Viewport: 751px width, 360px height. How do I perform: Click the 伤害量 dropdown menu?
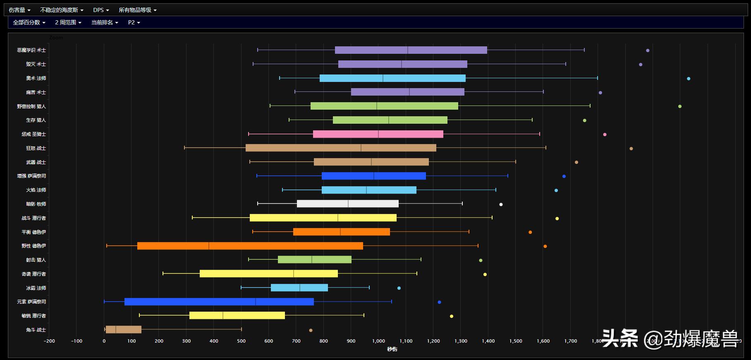19,10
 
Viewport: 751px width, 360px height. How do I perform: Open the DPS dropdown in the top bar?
101,10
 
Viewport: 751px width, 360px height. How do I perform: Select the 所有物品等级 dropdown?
137,10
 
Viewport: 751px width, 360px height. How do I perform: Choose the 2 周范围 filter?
68,22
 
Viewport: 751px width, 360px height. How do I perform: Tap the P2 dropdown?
134,22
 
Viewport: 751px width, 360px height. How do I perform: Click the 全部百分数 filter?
29,22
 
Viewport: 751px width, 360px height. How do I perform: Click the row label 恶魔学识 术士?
31,50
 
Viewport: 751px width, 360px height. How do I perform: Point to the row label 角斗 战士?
36,330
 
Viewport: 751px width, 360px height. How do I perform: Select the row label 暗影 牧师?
36,204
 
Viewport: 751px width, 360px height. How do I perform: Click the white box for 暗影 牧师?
347,204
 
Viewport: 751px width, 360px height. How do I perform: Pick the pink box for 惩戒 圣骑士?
378,134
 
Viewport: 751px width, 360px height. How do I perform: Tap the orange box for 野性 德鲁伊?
250,246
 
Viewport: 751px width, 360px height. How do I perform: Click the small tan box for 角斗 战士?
123,330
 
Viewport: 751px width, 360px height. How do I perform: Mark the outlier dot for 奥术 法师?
689,79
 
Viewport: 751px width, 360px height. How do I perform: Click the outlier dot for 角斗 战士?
311,330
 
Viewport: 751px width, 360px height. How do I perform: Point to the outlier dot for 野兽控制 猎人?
680,106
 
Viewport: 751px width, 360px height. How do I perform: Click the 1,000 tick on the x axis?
378,341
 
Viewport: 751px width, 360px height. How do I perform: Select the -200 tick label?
49,341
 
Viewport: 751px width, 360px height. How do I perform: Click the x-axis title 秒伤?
392,349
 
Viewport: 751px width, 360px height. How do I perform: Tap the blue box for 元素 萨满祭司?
219,302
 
